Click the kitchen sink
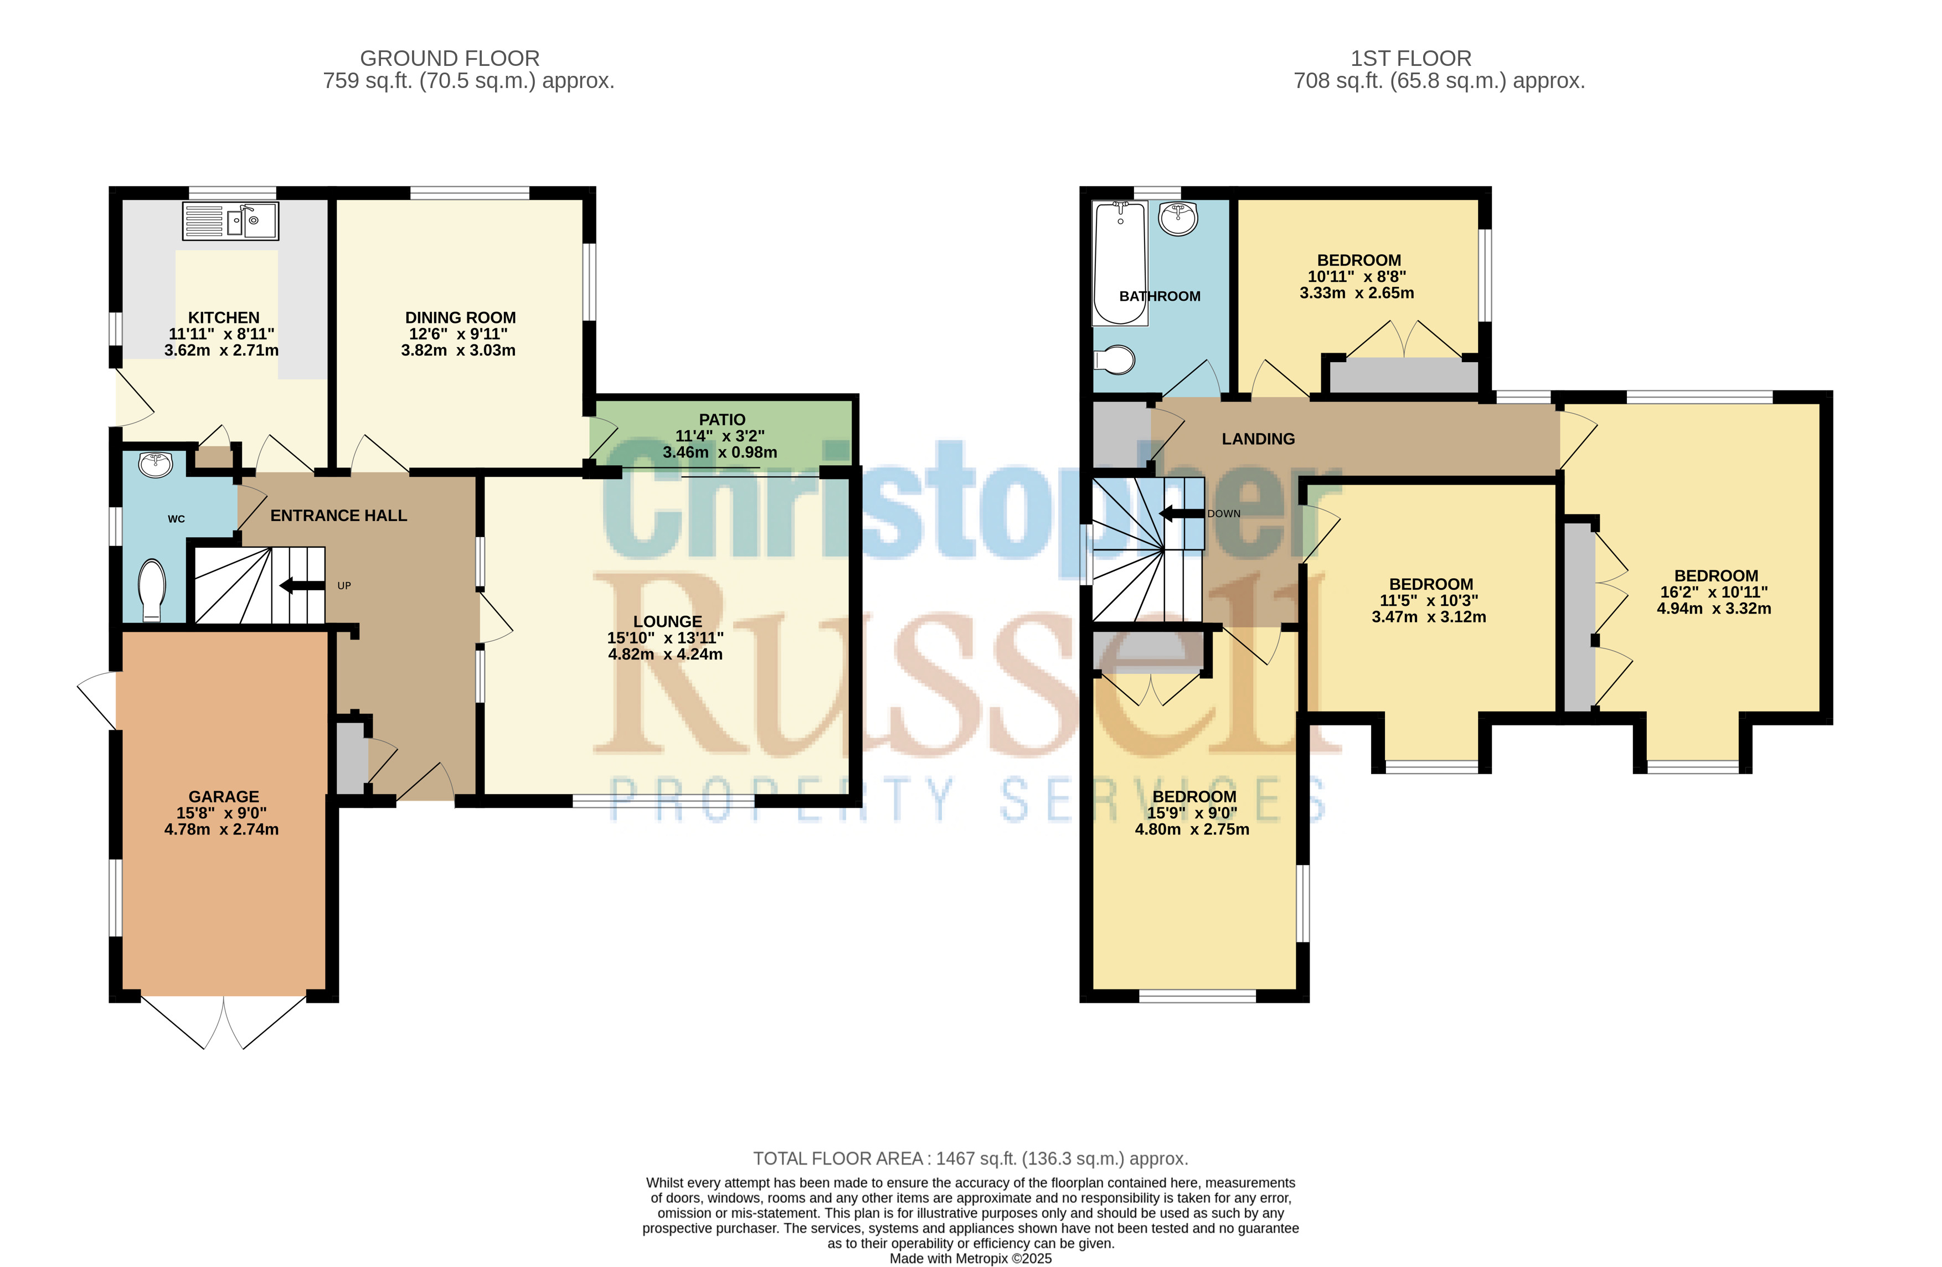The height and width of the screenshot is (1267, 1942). [230, 220]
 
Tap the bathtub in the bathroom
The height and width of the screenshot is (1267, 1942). [1120, 262]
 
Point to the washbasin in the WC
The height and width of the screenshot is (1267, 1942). [155, 464]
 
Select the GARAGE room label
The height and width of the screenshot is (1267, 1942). [224, 796]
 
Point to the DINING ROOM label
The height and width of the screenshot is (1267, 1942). [460, 317]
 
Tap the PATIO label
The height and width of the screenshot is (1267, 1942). [722, 419]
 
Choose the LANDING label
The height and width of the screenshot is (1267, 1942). [1258, 439]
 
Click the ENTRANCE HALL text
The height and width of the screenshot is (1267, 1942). [339, 516]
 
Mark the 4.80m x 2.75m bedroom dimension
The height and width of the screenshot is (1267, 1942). [1192, 829]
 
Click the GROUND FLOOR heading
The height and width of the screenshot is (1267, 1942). [450, 59]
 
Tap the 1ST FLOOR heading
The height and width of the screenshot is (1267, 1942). [1411, 59]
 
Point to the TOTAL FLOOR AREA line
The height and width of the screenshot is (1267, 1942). [970, 1158]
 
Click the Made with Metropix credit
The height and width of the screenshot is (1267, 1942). [970, 1259]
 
